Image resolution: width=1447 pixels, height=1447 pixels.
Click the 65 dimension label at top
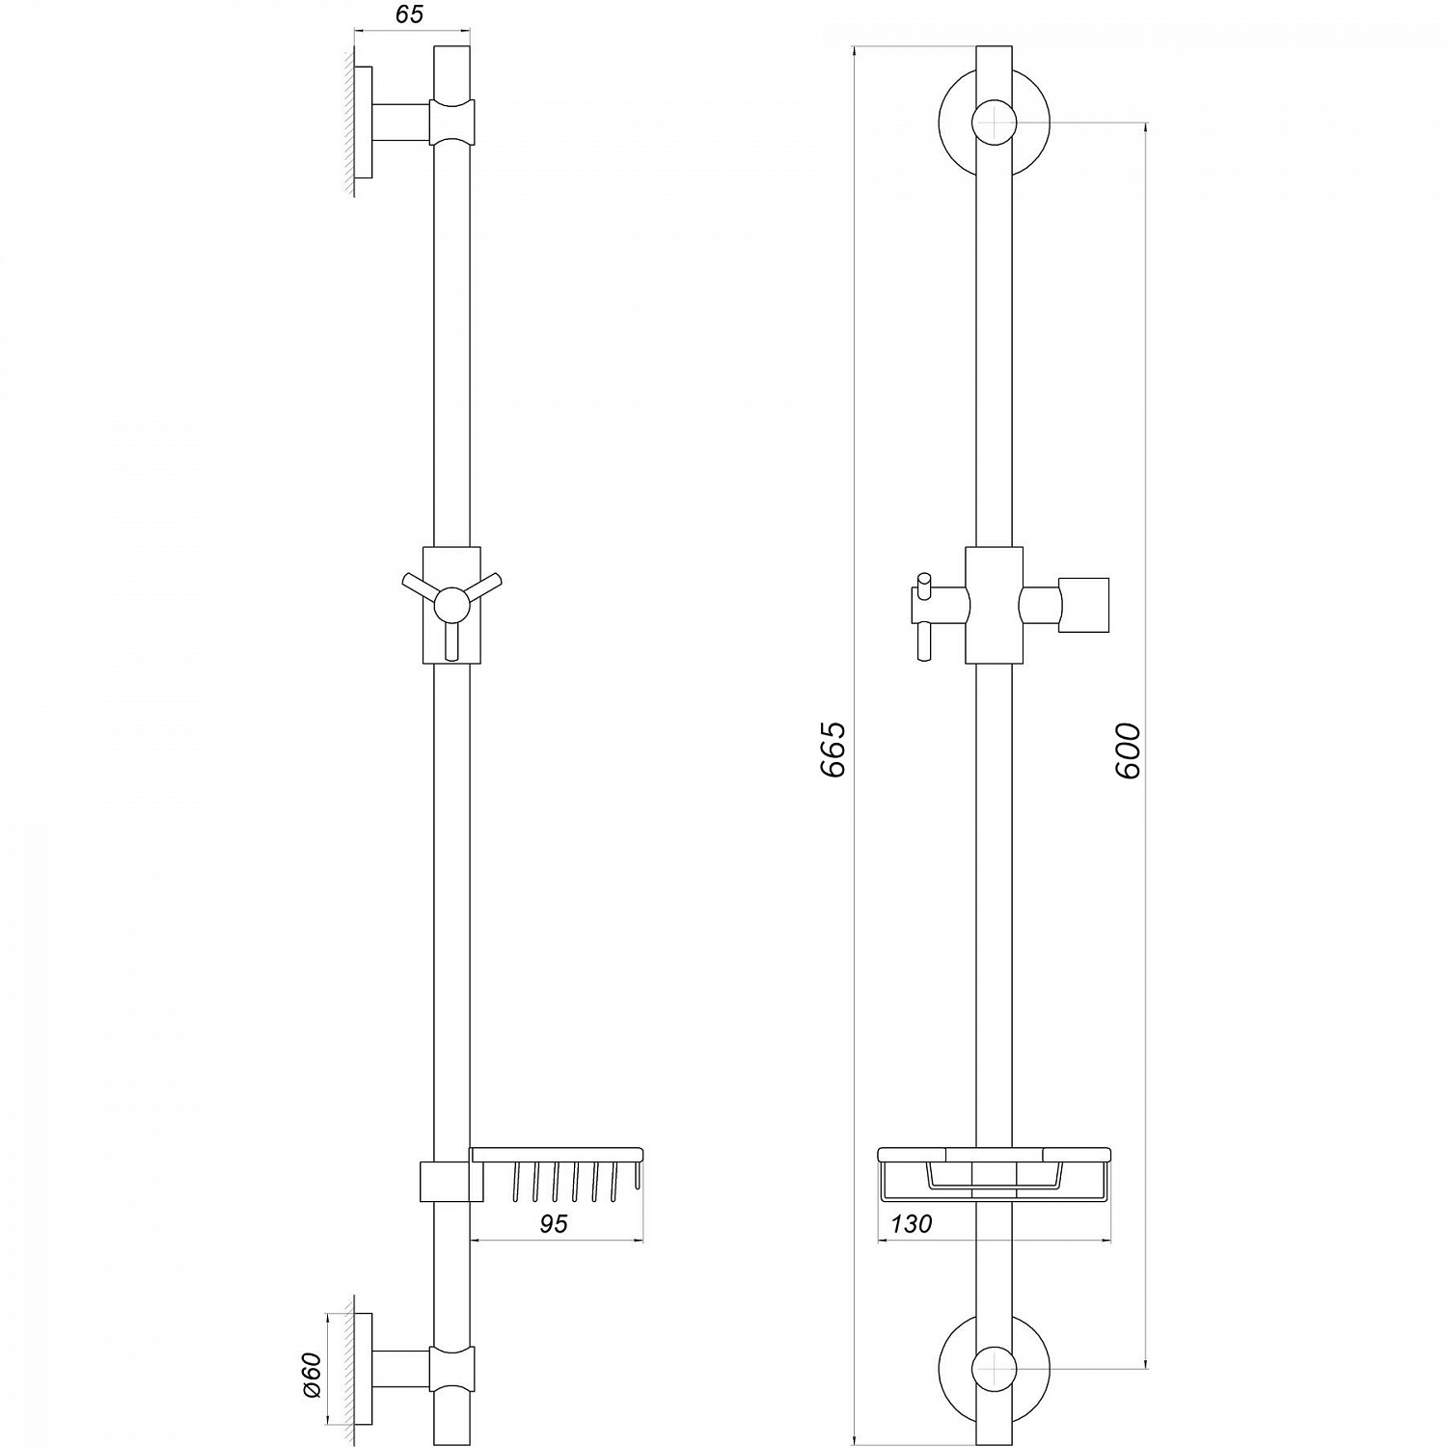(x=409, y=14)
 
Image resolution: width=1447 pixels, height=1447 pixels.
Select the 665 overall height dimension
(x=833, y=748)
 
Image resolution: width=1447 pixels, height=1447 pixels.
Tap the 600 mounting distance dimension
(x=1128, y=750)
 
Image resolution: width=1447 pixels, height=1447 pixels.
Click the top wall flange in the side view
(x=364, y=123)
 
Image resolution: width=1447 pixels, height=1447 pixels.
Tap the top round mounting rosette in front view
(x=994, y=123)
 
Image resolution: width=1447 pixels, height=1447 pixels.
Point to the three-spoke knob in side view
(x=450, y=606)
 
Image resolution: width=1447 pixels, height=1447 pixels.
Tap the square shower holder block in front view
(x=1083, y=606)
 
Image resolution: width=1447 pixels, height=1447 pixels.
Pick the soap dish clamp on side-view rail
(x=450, y=1182)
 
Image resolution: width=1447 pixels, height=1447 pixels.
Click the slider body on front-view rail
(x=994, y=606)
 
